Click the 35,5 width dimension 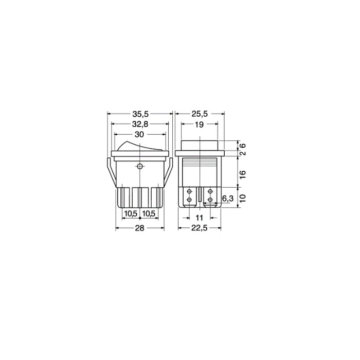point(139,114)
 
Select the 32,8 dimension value point(139,124)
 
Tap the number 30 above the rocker point(139,134)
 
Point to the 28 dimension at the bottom point(139,228)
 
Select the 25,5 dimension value point(200,114)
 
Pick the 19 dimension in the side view point(200,124)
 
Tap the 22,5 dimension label point(200,228)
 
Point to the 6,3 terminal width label point(227,199)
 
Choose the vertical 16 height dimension point(243,174)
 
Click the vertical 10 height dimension point(243,199)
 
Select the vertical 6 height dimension point(243,146)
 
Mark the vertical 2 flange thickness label point(243,154)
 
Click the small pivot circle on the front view point(139,167)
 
